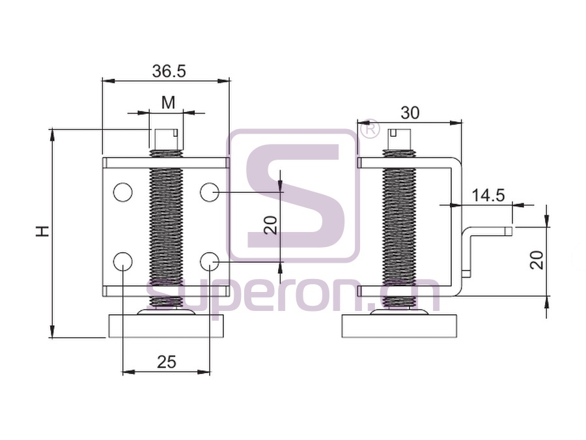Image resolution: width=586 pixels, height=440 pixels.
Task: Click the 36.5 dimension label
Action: coord(169,70)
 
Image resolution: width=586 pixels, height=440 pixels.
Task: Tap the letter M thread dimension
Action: coord(168,102)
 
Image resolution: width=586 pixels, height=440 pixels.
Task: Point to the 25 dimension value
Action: coord(167,362)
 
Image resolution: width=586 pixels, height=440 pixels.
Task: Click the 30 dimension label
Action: coord(410,113)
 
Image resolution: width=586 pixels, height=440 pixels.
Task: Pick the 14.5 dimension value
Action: coord(488,196)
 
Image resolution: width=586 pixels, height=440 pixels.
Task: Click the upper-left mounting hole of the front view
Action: coord(122,192)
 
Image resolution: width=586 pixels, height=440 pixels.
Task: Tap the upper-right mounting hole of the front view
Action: coord(210,192)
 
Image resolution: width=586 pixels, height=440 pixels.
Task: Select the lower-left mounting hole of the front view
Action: coord(122,261)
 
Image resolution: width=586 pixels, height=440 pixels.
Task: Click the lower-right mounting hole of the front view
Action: coord(210,261)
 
